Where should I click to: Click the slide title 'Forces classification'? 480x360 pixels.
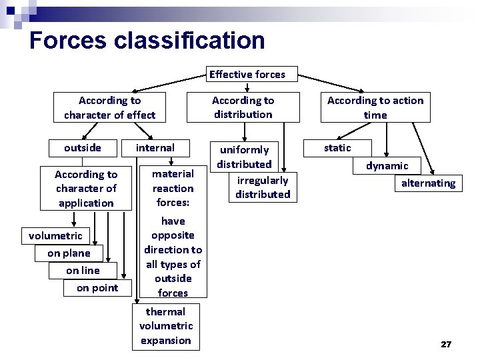click(x=147, y=40)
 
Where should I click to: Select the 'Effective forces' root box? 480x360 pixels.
click(x=247, y=75)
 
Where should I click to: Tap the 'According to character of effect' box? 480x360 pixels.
click(x=109, y=107)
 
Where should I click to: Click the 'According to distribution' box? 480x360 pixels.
click(x=243, y=107)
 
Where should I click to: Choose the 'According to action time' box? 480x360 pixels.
click(x=375, y=107)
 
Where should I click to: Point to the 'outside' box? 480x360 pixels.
click(x=83, y=147)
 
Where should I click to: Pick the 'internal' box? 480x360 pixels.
click(x=155, y=147)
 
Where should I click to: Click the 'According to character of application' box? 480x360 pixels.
click(x=85, y=188)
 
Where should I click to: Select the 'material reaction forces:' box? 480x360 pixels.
click(x=173, y=188)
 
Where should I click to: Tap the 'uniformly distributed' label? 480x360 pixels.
click(x=244, y=157)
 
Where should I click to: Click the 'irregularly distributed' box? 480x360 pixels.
click(x=263, y=187)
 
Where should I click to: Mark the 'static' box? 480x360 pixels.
click(x=337, y=147)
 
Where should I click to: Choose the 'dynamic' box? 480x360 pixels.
click(x=387, y=165)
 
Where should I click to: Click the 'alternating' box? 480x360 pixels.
click(x=428, y=183)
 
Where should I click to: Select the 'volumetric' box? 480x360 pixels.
click(x=55, y=235)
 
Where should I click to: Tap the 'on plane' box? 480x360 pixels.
click(x=69, y=253)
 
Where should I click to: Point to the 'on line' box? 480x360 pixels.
click(x=83, y=270)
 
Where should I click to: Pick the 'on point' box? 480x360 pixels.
click(x=97, y=288)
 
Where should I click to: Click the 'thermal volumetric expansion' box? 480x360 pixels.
click(x=165, y=326)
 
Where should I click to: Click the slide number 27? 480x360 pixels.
click(x=446, y=344)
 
